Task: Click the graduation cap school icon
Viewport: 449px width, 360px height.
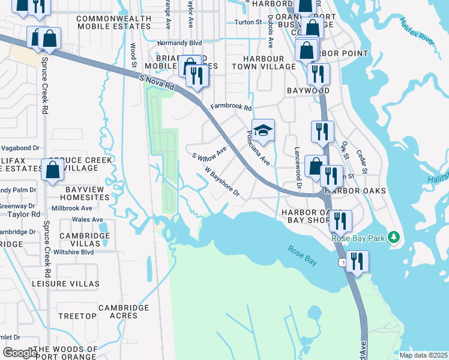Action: coord(263,129)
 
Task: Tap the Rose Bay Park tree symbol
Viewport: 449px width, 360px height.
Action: coord(394,238)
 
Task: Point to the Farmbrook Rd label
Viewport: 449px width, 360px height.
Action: coord(231,108)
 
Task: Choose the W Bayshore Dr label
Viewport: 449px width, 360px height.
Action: coord(222,182)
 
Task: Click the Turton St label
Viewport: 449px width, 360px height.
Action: coord(249,22)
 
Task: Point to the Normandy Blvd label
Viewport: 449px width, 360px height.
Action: coord(179,43)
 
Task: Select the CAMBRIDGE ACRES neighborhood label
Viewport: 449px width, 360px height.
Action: coord(124,312)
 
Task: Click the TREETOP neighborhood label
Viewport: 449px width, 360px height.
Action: coord(77,316)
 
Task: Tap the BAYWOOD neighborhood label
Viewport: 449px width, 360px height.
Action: coord(308,91)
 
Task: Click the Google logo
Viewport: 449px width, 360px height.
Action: coord(20,352)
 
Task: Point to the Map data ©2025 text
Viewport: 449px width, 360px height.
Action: coord(423,355)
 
